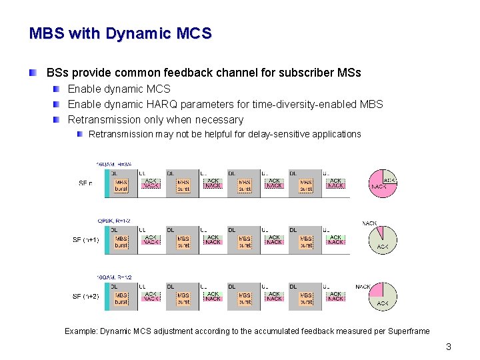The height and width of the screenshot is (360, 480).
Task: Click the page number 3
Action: pyautogui.click(x=449, y=347)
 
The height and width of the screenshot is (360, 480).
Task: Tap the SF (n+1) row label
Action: pyautogui.click(x=85, y=240)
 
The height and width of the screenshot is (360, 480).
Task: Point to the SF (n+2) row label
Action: pyautogui.click(x=85, y=296)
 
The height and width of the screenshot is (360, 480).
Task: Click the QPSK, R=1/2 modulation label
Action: pyautogui.click(x=114, y=220)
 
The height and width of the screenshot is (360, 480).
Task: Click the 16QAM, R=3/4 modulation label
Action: pyautogui.click(x=115, y=163)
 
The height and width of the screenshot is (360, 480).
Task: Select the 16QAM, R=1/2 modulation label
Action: pyautogui.click(x=115, y=277)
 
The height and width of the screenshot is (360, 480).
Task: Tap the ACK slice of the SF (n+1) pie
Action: pyautogui.click(x=384, y=242)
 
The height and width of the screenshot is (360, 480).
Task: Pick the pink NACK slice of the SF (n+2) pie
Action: pyautogui.click(x=377, y=291)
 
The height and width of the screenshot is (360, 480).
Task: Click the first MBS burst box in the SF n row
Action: pyautogui.click(x=121, y=185)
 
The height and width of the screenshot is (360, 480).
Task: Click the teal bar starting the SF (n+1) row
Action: pyautogui.click(x=107, y=240)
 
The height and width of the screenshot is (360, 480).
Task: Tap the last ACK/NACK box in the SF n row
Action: pyautogui.click(x=335, y=183)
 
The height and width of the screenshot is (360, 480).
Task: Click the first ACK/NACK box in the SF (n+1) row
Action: pyautogui.click(x=151, y=240)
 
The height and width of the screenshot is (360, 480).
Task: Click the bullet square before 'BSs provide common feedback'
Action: pyautogui.click(x=33, y=72)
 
